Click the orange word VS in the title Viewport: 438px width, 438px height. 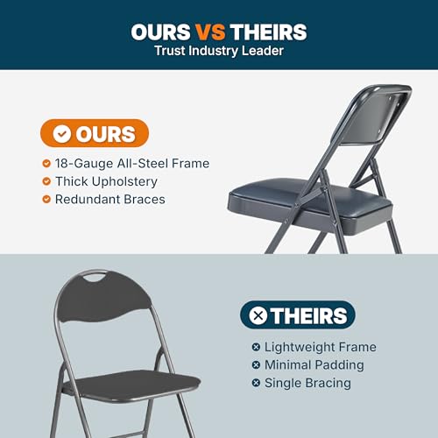click(x=210, y=32)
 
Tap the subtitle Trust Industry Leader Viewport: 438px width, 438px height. click(x=219, y=51)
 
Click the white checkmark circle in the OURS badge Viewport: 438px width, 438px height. click(x=62, y=134)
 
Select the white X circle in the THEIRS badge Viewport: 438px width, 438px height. click(x=258, y=315)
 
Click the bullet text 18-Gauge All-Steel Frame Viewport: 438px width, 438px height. click(x=132, y=163)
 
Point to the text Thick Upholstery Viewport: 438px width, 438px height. click(x=106, y=181)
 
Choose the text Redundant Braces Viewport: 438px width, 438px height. click(x=110, y=200)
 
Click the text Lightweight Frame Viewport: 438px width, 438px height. click(x=321, y=347)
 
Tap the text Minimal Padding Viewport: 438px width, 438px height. click(x=314, y=365)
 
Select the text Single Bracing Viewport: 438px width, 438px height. click(x=307, y=383)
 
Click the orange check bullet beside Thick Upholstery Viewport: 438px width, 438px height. click(x=46, y=181)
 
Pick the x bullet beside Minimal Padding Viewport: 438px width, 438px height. click(x=256, y=365)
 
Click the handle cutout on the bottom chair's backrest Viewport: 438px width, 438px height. click(x=95, y=277)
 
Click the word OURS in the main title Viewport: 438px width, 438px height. click(x=160, y=32)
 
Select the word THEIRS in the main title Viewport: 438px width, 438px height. click(x=268, y=32)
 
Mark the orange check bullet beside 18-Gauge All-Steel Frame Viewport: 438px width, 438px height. click(x=46, y=163)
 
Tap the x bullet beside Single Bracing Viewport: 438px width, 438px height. click(x=256, y=383)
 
